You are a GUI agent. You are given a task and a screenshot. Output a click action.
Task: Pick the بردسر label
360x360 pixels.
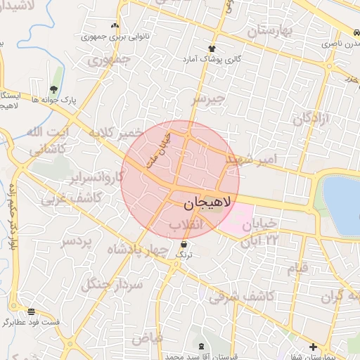[77, 242]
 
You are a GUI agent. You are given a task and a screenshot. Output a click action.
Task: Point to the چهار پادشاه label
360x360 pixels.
[139, 250]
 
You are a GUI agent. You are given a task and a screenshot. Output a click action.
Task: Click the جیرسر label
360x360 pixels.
[210, 100]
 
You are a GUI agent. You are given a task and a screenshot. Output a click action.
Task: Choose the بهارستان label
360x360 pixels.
[274, 32]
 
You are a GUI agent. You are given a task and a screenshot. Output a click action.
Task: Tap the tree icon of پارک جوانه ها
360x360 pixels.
[53, 89]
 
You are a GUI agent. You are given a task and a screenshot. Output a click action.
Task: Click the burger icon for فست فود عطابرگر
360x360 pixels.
[31, 311]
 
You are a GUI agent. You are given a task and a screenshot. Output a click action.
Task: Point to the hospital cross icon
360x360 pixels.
[313, 347]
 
